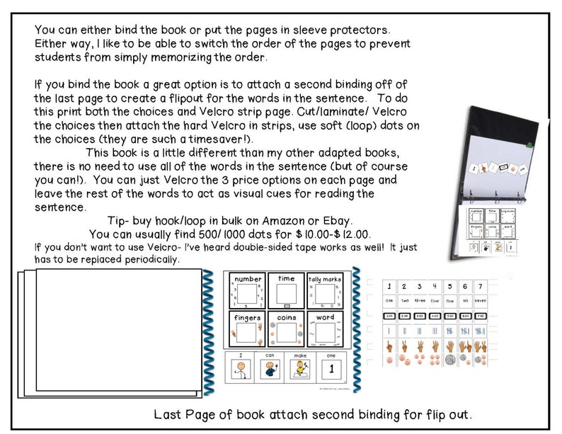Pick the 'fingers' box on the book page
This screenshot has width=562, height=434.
(248, 329)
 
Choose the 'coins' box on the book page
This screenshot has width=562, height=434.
(286, 329)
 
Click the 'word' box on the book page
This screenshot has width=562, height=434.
(325, 329)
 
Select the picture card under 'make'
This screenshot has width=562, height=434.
(302, 370)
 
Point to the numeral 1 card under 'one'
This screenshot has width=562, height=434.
(330, 370)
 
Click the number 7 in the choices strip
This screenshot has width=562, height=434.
(481, 287)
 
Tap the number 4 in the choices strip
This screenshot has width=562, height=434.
(434, 287)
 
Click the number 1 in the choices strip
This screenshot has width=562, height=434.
(388, 287)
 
